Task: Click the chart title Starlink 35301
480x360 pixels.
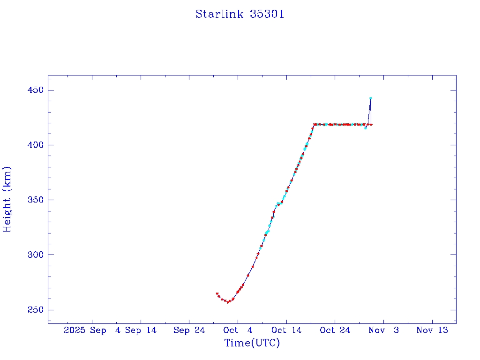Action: point(240,15)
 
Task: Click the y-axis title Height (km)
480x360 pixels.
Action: point(7,199)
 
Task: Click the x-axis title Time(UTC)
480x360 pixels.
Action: point(252,343)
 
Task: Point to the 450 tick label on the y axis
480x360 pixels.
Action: point(36,90)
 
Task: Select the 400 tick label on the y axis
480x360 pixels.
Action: point(36,145)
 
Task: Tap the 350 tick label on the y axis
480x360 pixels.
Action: point(36,200)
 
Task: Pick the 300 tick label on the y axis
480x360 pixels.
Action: point(36,255)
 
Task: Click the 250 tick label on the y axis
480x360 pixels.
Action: point(36,310)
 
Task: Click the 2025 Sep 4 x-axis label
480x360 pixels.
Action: point(92,330)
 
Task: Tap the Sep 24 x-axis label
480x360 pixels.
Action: point(189,330)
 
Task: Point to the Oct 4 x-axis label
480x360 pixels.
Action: point(238,330)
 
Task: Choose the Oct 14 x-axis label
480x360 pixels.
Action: point(286,330)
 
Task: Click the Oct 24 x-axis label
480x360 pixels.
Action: point(335,330)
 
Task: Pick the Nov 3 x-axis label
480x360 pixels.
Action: point(383,330)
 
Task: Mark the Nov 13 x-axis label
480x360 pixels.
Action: point(432,330)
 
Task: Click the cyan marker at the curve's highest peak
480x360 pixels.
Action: point(370,98)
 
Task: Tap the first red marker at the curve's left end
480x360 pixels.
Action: point(217,294)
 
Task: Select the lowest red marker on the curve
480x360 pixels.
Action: point(228,302)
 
